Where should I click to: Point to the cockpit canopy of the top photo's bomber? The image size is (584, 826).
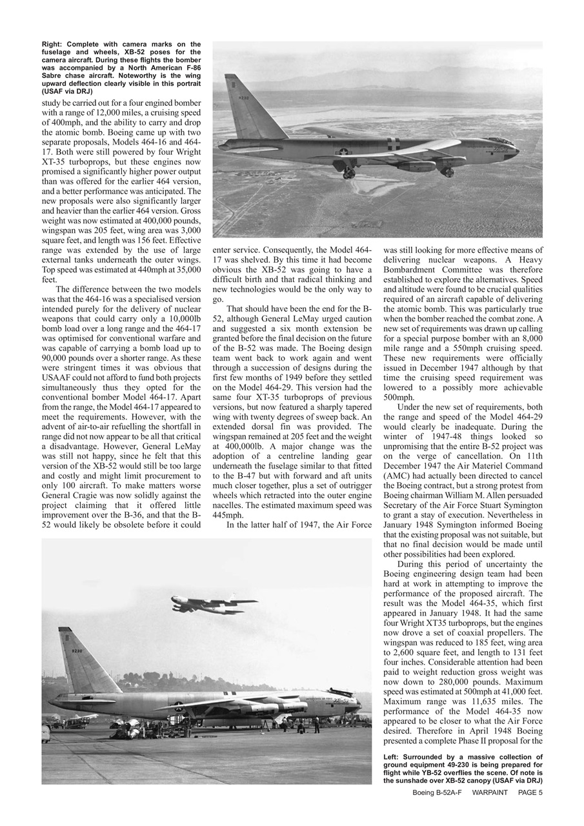point(500,141)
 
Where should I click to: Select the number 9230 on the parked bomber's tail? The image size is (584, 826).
point(77,651)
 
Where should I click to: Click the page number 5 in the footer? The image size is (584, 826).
point(540,792)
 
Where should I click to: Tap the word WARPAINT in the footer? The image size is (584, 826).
point(490,792)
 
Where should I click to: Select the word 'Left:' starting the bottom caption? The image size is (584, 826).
point(394,757)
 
